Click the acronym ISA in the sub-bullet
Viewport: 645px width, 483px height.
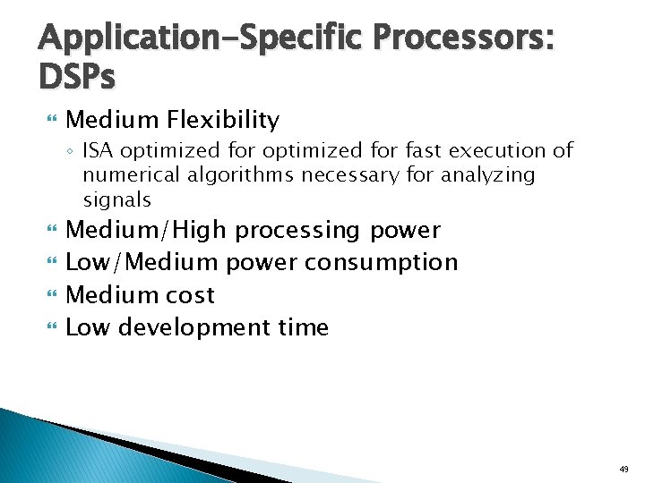(99, 150)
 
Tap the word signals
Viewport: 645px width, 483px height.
(117, 199)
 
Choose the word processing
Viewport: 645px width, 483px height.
(300, 230)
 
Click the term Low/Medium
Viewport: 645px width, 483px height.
(142, 262)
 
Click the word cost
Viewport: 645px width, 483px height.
(190, 294)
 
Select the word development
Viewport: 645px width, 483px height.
(194, 327)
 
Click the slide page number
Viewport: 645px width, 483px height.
(623, 468)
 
